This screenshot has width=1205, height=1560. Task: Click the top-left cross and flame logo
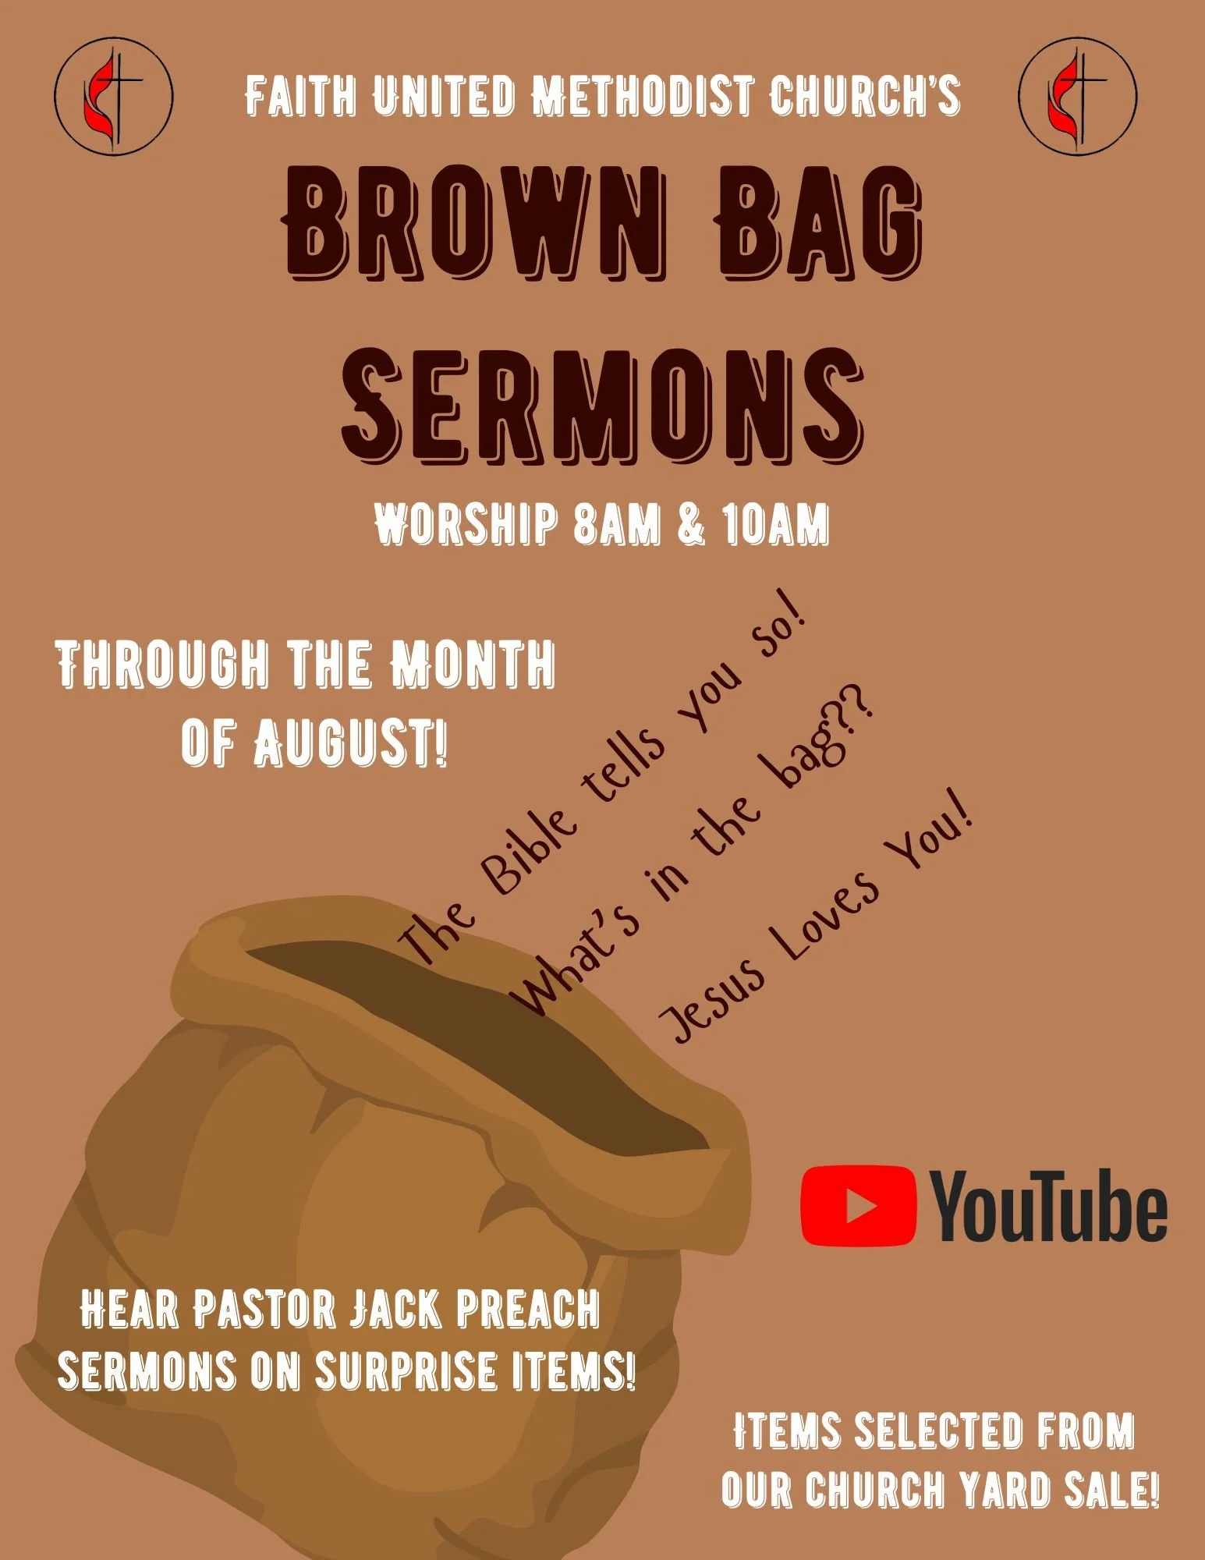[113, 96]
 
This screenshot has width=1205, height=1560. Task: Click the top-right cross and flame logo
[1077, 96]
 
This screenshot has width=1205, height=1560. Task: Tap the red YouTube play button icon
[858, 1205]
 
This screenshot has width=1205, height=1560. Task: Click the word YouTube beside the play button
[1049, 1207]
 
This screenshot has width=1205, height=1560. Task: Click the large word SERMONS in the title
[602, 406]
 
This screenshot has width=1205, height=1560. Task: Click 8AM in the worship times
[616, 524]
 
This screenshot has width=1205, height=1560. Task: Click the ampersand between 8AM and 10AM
[691, 524]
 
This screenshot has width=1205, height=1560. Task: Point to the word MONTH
[473, 664]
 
